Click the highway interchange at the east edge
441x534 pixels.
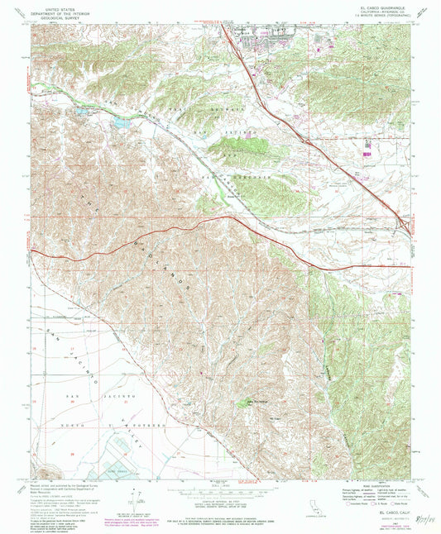[x=403, y=222]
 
